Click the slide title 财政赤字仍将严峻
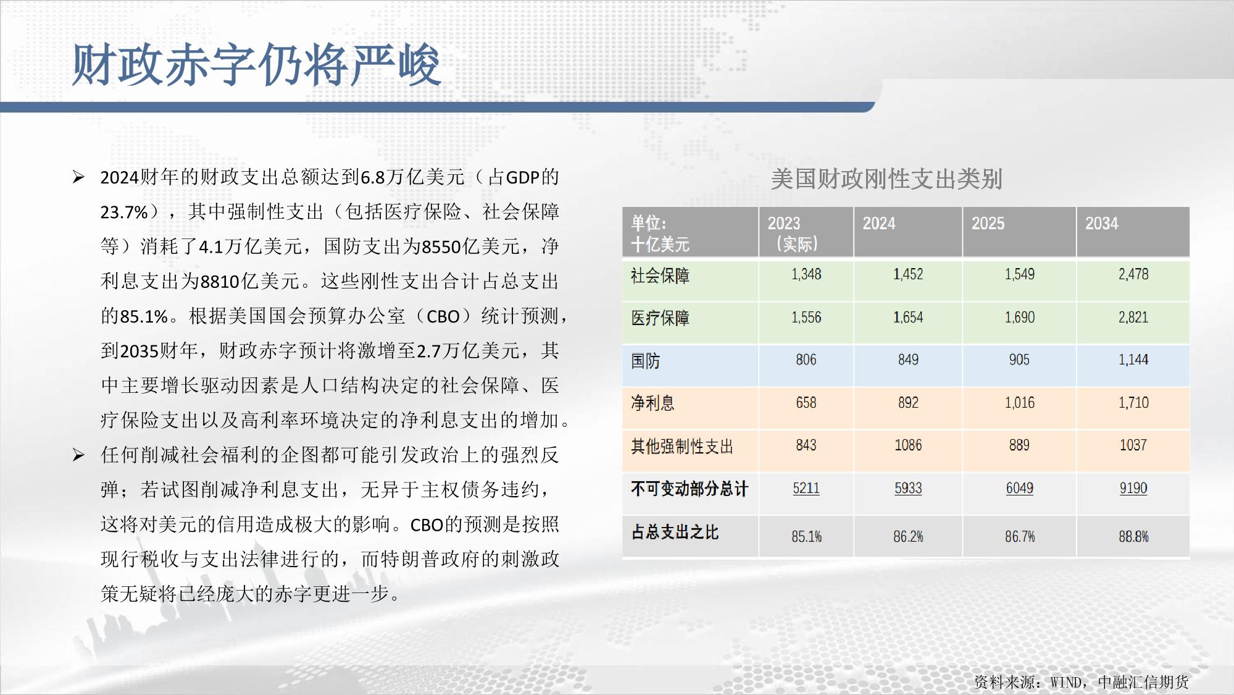click(x=256, y=65)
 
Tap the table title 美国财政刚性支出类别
click(x=886, y=179)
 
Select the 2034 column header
click(x=1101, y=224)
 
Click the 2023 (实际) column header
click(x=793, y=234)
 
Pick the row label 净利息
click(x=652, y=403)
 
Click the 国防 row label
click(x=645, y=360)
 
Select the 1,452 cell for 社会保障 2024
click(x=908, y=274)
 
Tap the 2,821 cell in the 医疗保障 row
click(x=1133, y=318)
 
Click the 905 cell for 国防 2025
click(x=1019, y=360)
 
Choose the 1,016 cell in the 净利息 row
click(x=1019, y=403)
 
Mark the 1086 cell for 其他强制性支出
click(x=908, y=445)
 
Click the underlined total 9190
click(x=1133, y=488)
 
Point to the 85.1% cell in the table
click(x=806, y=536)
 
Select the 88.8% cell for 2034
click(x=1133, y=536)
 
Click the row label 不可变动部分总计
click(x=689, y=489)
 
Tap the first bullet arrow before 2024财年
click(x=78, y=177)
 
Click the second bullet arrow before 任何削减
click(x=78, y=455)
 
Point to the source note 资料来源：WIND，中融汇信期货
click(x=1081, y=681)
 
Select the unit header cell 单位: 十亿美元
click(x=659, y=234)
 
